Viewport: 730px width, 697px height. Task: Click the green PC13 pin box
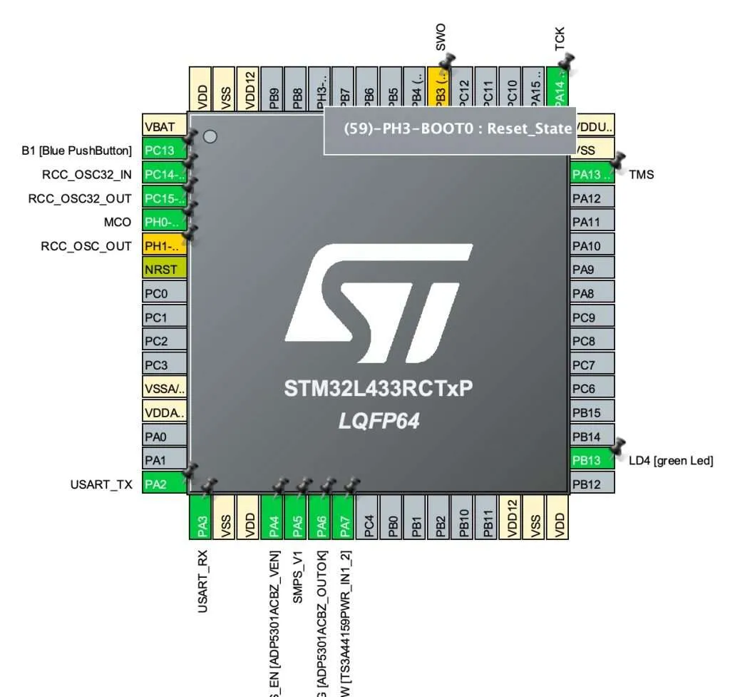(x=164, y=151)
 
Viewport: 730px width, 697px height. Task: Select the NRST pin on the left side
(x=164, y=270)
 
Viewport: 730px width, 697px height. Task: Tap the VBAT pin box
(x=164, y=126)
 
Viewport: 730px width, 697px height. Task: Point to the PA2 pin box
(x=164, y=484)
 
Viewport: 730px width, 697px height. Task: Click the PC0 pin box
(x=164, y=293)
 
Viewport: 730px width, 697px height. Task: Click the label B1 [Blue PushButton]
(x=77, y=151)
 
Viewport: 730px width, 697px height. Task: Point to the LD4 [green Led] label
(x=671, y=461)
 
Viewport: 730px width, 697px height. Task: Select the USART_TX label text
(x=101, y=484)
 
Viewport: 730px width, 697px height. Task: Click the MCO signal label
(x=118, y=222)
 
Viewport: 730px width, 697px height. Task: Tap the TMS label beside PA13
(x=642, y=174)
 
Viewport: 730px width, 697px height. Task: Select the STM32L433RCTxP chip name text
(x=379, y=389)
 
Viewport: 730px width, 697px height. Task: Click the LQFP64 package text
(x=379, y=422)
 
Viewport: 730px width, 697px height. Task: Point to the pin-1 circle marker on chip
(x=210, y=136)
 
